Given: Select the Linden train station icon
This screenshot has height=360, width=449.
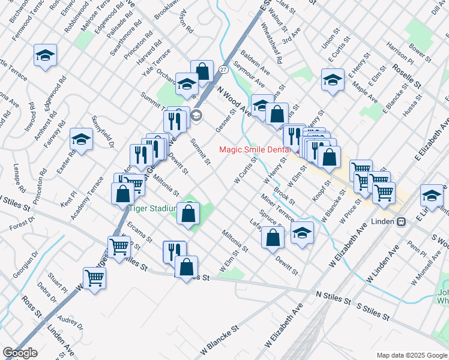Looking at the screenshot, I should tap(400, 221).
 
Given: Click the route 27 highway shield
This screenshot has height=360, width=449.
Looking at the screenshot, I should tap(223, 70).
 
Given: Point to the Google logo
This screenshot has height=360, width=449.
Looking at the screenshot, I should tap(20, 353).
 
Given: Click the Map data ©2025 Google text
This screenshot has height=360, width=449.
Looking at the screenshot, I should tap(411, 355).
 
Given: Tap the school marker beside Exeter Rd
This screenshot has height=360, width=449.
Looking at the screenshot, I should tap(81, 140).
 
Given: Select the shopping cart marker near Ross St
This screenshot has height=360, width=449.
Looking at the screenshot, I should tap(94, 277).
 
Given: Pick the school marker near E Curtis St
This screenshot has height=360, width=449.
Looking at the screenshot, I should tap(333, 79).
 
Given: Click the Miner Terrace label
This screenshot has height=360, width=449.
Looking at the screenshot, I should tap(277, 207).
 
